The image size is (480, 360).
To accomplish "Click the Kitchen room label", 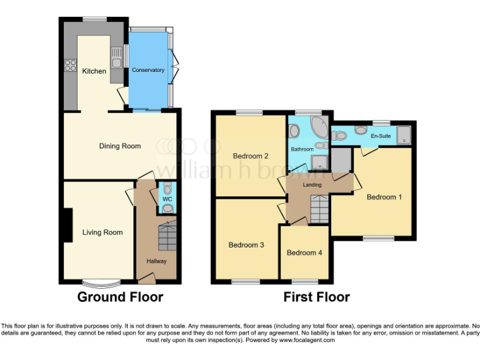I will tap(94, 71).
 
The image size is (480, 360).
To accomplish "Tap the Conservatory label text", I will tap(148, 70).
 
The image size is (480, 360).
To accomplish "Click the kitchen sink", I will tap(116, 58).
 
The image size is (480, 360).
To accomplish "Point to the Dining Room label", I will tap(120, 146).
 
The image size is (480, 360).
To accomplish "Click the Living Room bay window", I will tap(97, 281).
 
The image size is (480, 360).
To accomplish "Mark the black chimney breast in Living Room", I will tap(67, 225).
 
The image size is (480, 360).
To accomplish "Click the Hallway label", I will tap(156, 261).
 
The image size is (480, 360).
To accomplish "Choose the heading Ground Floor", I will tap(120, 297).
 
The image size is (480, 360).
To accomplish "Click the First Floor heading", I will tap(316, 297).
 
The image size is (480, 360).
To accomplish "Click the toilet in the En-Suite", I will tap(359, 130).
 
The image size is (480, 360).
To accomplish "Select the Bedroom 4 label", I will tap(304, 253).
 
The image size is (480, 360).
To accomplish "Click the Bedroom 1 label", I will tap(384, 197).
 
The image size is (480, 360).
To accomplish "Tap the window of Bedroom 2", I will tap(249, 112).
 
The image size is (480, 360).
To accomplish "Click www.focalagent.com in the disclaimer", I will tap(307, 341).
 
